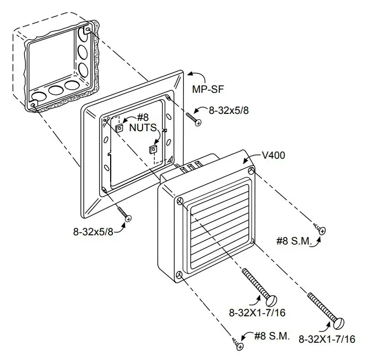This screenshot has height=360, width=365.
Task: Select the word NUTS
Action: click(x=143, y=128)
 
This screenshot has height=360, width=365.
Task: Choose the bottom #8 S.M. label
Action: click(x=272, y=336)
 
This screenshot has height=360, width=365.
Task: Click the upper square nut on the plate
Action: click(x=119, y=127)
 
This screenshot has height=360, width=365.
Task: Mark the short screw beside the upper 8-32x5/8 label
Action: click(x=193, y=118)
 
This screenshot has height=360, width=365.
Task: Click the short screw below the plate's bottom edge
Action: click(x=123, y=212)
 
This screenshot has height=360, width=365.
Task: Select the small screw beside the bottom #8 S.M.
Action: click(x=237, y=343)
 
